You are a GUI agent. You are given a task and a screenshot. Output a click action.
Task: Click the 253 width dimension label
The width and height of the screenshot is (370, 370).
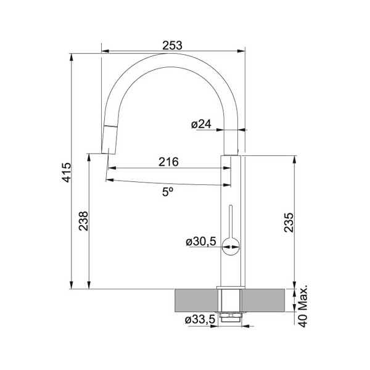click(172, 45)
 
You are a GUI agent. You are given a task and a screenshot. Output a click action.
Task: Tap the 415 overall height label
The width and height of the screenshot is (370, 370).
click(67, 172)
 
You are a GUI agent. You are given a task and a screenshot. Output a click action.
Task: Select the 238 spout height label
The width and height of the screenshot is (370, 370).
click(83, 221)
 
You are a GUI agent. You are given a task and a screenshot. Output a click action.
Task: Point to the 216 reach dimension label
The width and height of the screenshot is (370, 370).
click(168, 162)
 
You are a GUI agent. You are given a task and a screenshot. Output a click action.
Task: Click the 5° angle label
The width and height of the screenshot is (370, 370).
click(168, 192)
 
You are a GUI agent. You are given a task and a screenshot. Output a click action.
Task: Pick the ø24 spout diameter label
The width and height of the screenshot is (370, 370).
click(201, 124)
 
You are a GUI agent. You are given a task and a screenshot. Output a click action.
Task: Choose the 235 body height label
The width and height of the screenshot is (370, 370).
click(289, 223)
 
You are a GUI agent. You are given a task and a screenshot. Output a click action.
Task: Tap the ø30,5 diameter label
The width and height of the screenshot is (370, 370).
click(201, 241)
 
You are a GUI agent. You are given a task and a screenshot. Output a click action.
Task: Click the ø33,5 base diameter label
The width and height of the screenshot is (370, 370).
click(200, 319)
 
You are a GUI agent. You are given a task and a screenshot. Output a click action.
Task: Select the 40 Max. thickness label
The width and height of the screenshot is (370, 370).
click(303, 306)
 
